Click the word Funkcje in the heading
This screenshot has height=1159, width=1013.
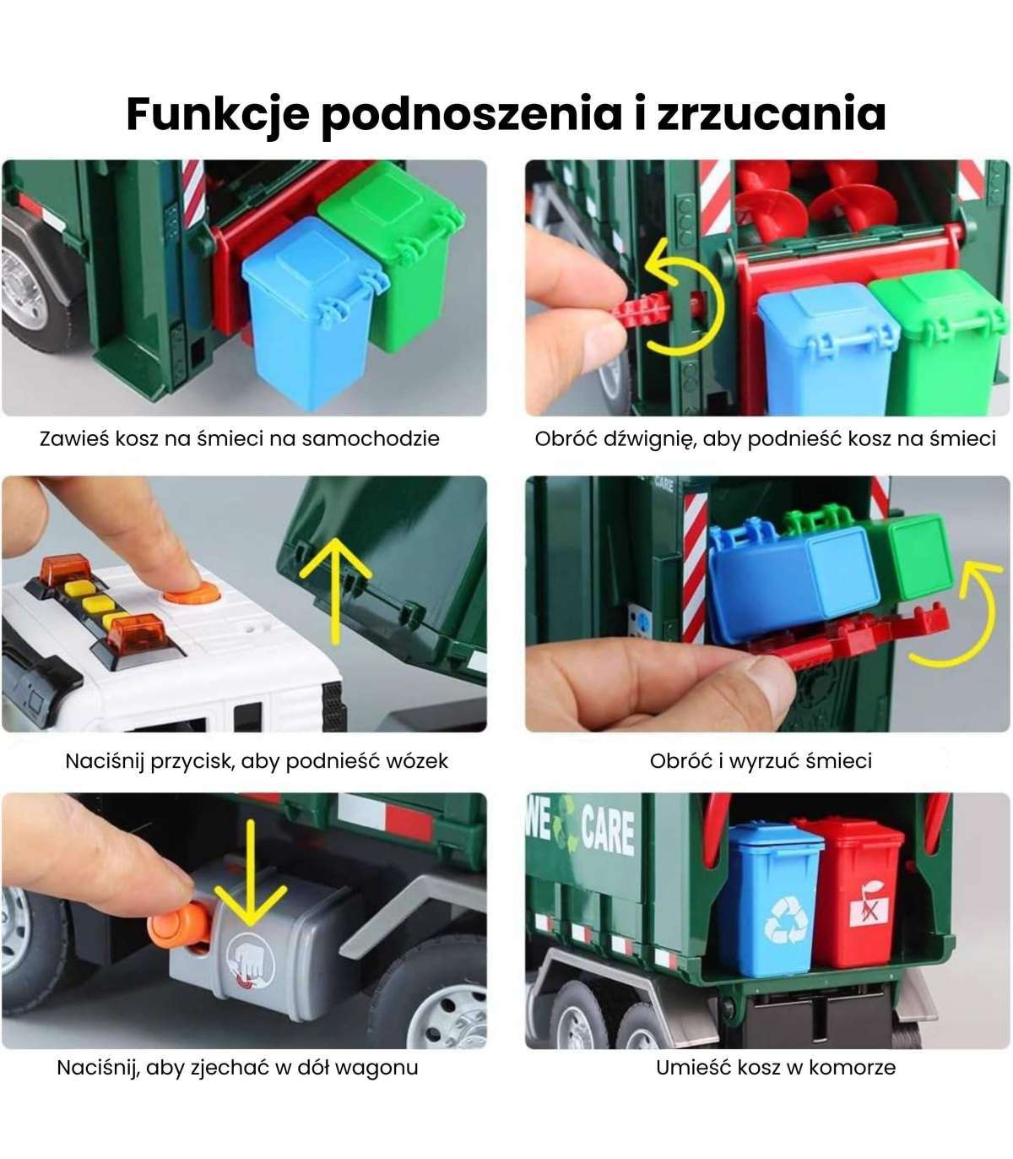[x=217, y=115]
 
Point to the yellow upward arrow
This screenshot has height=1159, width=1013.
[x=336, y=590]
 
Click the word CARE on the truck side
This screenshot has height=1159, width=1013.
[x=608, y=831]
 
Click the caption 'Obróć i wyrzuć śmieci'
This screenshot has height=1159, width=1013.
[x=761, y=761]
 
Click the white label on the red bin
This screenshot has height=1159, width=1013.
[x=872, y=911]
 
